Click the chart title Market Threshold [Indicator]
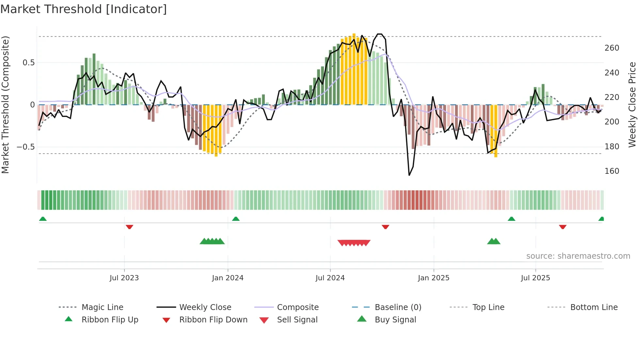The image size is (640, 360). [x=84, y=9]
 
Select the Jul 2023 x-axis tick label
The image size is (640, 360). [x=124, y=278]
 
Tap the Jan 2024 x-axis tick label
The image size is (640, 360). [x=228, y=278]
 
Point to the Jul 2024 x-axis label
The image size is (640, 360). [x=330, y=278]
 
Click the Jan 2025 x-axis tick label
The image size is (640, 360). [x=434, y=278]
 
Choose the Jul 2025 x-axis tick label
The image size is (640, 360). [x=536, y=278]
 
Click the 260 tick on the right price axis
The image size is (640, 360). [x=612, y=48]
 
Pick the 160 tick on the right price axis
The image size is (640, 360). [x=612, y=171]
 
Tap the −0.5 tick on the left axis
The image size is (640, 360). [x=25, y=147]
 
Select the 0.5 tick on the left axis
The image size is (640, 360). [x=28, y=63]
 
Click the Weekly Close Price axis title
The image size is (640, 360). [x=632, y=105]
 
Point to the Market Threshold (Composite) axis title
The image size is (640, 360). [x=5, y=105]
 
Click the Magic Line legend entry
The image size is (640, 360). [x=102, y=307]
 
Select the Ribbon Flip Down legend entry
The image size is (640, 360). [x=213, y=320]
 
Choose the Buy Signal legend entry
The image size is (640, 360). [x=395, y=320]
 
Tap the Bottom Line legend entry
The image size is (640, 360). [x=594, y=307]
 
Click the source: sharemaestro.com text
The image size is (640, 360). [x=578, y=256]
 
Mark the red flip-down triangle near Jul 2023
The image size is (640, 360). [x=129, y=227]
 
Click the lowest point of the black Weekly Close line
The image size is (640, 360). [x=409, y=175]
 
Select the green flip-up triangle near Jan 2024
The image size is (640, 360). [x=236, y=219]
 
